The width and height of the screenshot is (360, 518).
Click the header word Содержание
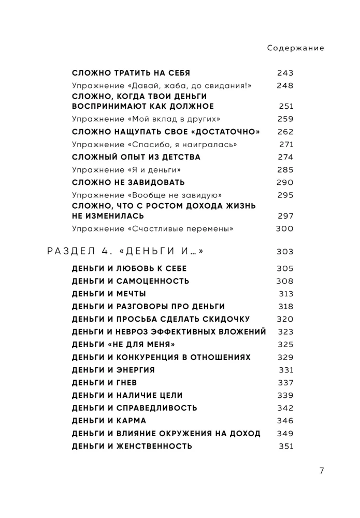296,48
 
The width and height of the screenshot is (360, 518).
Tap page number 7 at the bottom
322,471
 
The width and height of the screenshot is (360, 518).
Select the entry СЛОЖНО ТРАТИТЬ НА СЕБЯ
131,73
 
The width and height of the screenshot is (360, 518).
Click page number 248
285,86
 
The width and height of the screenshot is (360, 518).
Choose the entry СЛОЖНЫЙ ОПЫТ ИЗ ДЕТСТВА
136,157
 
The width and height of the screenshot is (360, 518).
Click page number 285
285,169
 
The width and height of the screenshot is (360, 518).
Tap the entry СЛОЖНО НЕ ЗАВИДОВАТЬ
128,182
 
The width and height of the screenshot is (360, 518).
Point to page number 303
285,252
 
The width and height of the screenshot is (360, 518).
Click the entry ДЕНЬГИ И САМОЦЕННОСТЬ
130,281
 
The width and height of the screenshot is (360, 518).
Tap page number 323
285,332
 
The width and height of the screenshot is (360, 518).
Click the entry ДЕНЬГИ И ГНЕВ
100,383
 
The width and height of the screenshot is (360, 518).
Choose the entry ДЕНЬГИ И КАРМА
109,421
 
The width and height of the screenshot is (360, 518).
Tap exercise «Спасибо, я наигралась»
150,145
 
